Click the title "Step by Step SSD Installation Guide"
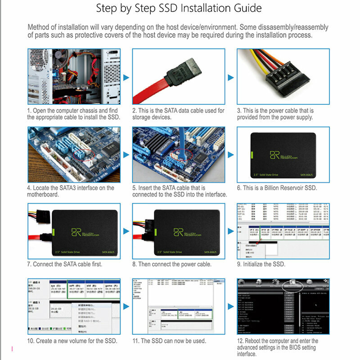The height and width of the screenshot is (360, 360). point(179,9)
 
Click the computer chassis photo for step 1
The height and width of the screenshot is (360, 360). point(74,76)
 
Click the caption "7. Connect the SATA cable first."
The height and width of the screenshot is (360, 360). point(64,264)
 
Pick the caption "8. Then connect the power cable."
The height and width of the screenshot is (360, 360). point(172,264)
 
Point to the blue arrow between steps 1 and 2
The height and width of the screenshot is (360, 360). point(126,78)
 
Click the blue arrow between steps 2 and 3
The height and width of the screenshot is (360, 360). point(231,78)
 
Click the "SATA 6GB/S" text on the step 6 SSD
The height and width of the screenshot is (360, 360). point(301,175)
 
